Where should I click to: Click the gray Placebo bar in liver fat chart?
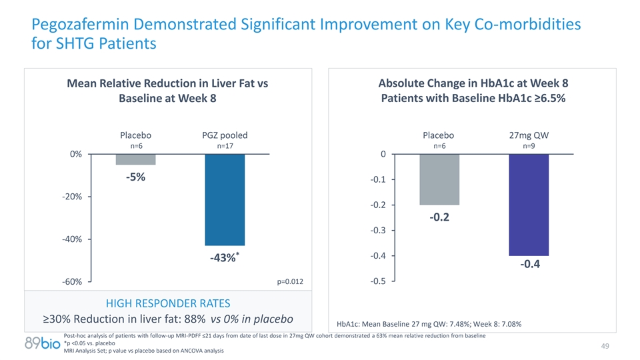pos(135,159)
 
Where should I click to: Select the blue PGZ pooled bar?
pos(225,200)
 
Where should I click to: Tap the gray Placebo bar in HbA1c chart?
pos(439,179)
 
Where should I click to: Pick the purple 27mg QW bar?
pos(529,205)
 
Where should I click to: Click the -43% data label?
pos(223,259)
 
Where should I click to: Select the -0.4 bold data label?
pos(529,265)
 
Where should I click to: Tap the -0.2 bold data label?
pos(439,217)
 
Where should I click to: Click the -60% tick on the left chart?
pos(71,282)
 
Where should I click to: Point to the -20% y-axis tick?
pos(71,197)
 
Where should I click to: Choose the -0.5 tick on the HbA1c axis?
pos(376,281)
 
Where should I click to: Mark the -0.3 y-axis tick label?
pos(376,231)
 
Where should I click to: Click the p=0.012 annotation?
pos(290,282)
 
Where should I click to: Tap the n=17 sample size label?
pos(225,146)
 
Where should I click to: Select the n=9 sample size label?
pos(529,146)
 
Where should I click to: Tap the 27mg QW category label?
pos(529,135)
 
